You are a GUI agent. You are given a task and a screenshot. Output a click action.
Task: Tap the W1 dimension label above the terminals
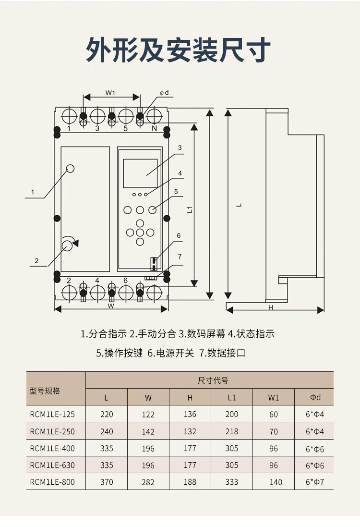click(x=111, y=93)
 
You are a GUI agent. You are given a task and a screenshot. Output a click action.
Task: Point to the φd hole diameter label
click(x=164, y=93)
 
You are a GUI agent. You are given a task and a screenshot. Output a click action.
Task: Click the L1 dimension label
click(x=190, y=208)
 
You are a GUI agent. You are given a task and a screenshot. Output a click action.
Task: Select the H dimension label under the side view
click(x=270, y=307)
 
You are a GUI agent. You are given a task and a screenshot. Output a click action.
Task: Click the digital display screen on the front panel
click(x=140, y=173)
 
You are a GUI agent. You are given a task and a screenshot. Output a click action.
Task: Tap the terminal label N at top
click(x=154, y=128)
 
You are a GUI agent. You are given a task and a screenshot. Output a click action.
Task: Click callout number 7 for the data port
click(x=180, y=257)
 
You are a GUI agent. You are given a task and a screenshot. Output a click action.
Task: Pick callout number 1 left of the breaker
click(x=32, y=192)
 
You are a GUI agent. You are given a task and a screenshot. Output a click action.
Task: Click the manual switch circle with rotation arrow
click(x=67, y=245)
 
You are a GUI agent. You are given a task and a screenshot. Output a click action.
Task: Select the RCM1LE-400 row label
click(x=52, y=448)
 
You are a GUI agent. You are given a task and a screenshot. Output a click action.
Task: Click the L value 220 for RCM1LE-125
click(x=107, y=414)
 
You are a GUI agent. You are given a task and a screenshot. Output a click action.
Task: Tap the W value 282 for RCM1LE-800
click(x=148, y=482)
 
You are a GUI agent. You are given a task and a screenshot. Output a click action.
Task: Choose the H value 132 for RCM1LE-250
click(x=190, y=431)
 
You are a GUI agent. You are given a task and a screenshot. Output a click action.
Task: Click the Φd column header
click(x=315, y=397)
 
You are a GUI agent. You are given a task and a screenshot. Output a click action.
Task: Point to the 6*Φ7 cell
click(x=315, y=482)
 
